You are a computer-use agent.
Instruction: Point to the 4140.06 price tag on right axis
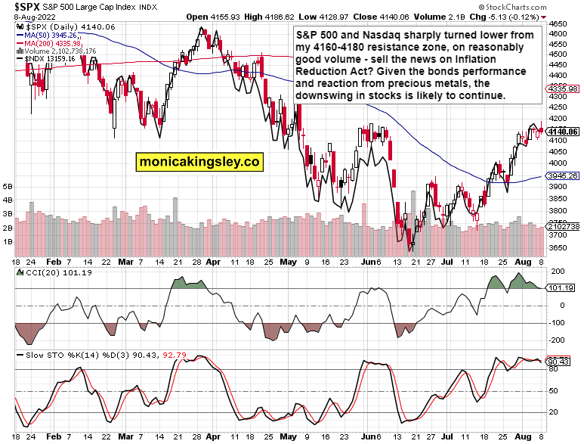[x=564, y=132]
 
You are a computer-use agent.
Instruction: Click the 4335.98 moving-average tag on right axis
[x=564, y=88]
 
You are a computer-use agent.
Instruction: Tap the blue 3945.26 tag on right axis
[x=564, y=175]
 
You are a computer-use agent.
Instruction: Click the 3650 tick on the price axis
[x=559, y=248]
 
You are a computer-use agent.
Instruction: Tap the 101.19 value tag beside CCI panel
[x=561, y=288]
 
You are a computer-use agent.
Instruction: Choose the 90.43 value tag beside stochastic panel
[x=561, y=361]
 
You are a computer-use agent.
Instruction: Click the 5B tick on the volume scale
[x=8, y=185]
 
